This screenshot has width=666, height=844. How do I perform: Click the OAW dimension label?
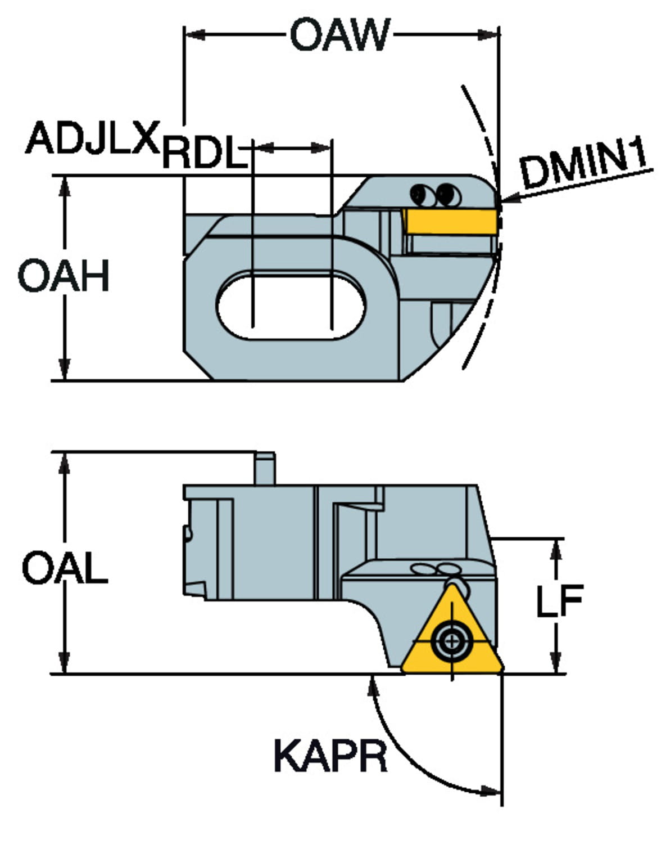click(x=339, y=35)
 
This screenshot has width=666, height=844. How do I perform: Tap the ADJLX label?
click(x=93, y=138)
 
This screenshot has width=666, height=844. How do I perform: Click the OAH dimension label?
click(x=64, y=276)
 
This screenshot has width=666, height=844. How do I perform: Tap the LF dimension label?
click(x=559, y=600)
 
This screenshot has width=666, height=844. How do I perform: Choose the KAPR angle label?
click(x=330, y=756)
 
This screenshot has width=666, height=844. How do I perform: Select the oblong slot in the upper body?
click(x=291, y=305)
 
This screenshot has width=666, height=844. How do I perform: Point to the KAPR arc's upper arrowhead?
click(x=371, y=683)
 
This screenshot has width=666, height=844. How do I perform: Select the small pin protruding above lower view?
click(x=265, y=468)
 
